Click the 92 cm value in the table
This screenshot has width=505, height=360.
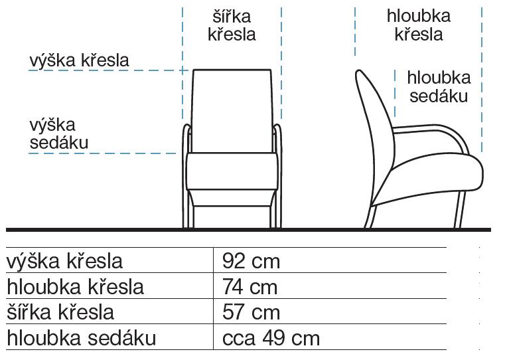pyautogui.click(x=251, y=261)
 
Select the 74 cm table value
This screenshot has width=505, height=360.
pyautogui.click(x=250, y=287)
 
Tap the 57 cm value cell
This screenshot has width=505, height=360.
pyautogui.click(x=251, y=312)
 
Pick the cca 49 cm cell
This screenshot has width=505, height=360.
pyautogui.click(x=271, y=338)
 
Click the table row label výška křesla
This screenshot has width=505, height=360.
pyautogui.click(x=64, y=260)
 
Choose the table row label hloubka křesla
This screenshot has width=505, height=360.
pyautogui.click(x=75, y=286)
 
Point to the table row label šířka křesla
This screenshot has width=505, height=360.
pyautogui.click(x=60, y=312)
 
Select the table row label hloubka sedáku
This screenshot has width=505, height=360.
pyautogui.click(x=81, y=338)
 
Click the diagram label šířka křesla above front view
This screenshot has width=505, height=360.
pyautogui.click(x=232, y=25)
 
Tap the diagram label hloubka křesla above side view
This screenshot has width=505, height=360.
pyautogui.click(x=419, y=25)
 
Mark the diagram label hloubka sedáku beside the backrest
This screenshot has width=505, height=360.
pyautogui.click(x=439, y=87)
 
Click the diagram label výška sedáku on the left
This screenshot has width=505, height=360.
pyautogui.click(x=58, y=134)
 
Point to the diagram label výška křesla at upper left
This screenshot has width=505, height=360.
pyautogui.click(x=79, y=60)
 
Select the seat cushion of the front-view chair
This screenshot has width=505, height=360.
pyautogui.click(x=232, y=171)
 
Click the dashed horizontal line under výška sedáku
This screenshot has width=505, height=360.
pyautogui.click(x=102, y=153)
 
